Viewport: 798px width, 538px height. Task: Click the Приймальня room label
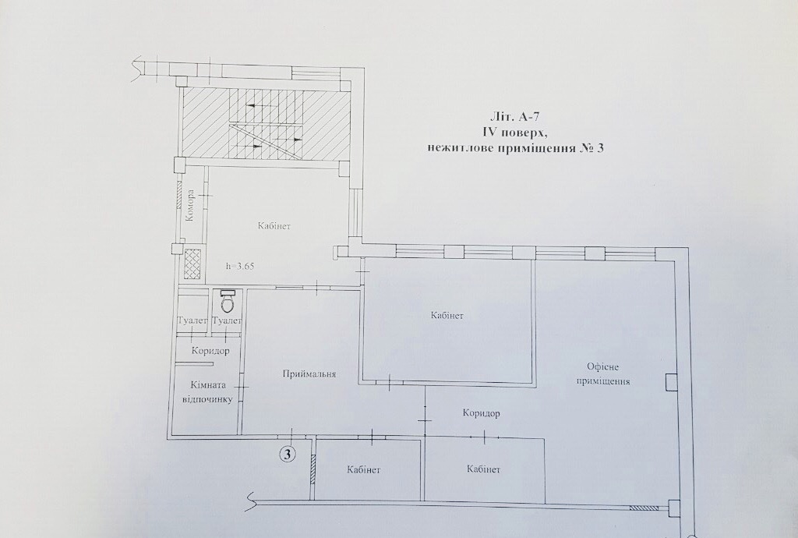click(309, 374)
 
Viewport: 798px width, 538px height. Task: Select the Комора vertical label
click(190, 206)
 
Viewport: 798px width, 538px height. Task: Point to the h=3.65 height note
click(240, 266)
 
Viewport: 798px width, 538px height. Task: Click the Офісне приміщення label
click(603, 373)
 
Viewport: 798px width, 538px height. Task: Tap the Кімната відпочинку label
click(207, 392)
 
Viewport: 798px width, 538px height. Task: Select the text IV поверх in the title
click(514, 133)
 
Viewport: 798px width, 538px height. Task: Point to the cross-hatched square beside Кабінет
click(192, 264)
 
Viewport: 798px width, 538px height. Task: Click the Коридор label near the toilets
click(210, 351)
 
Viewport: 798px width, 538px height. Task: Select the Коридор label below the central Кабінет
click(481, 412)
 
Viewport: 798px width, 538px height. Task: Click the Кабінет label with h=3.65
click(274, 226)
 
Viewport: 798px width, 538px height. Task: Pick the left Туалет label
click(192, 321)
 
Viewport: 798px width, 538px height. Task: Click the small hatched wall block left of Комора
click(179, 194)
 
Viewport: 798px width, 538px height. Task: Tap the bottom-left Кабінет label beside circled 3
click(364, 469)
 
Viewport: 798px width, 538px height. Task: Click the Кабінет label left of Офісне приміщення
click(447, 316)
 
